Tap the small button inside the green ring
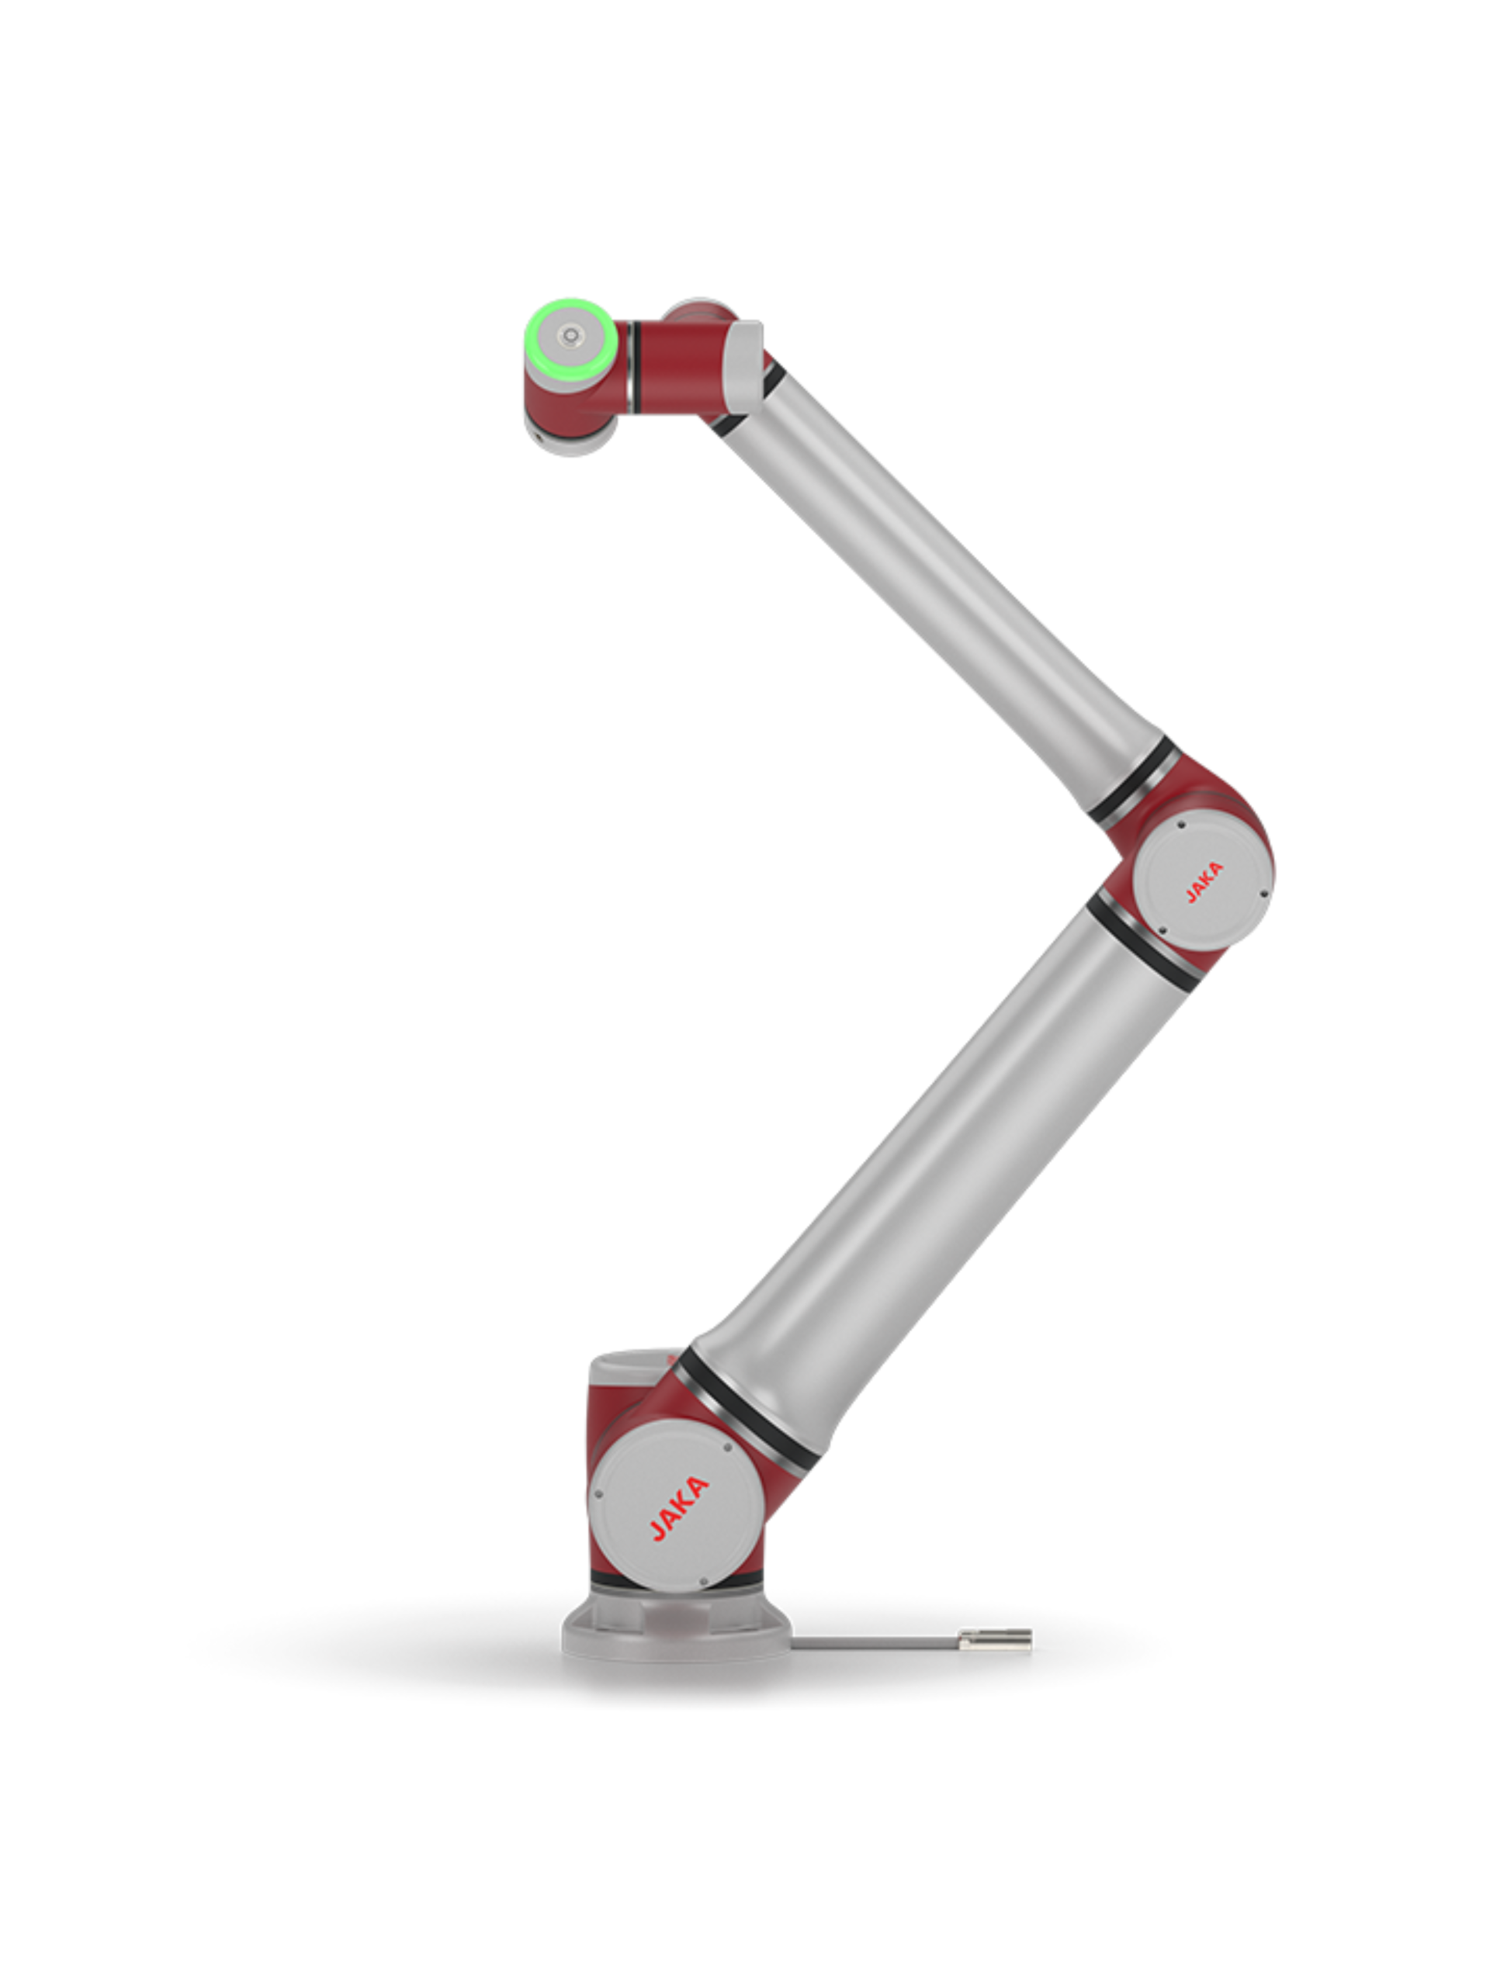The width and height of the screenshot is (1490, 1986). tap(570, 337)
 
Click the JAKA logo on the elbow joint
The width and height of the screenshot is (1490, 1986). tap(1203, 881)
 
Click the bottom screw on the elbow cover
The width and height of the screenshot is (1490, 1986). tap(1163, 930)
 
